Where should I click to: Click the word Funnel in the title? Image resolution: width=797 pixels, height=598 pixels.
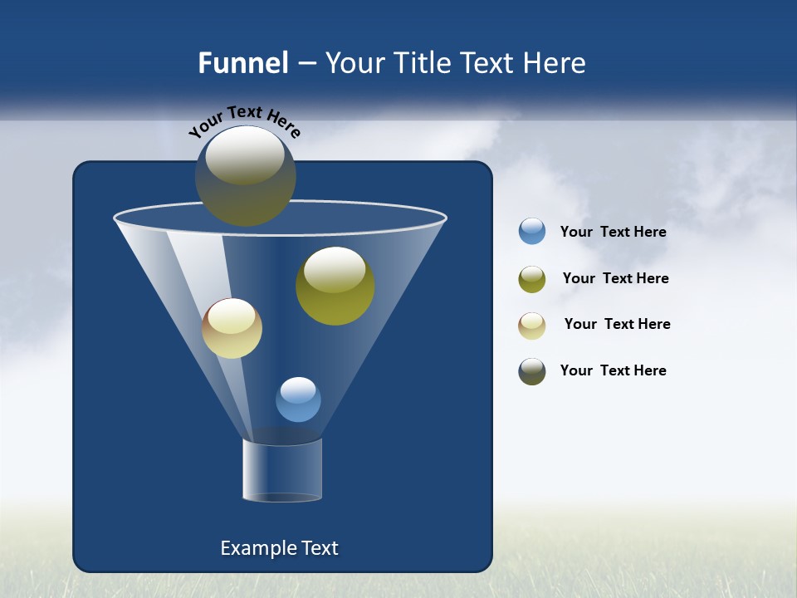coord(242,63)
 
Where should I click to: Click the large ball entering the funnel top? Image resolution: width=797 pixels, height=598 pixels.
coord(245,176)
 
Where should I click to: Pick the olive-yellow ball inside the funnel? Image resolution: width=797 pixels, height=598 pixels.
coord(335,287)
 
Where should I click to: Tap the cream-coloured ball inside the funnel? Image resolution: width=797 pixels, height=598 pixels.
coord(232,328)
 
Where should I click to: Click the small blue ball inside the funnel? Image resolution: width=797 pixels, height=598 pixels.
coord(298,399)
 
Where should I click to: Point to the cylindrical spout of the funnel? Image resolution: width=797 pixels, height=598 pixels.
coord(281,470)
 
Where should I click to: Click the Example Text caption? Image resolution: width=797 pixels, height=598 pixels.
coord(279,548)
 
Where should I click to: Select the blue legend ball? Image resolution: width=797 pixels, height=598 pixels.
coord(532,232)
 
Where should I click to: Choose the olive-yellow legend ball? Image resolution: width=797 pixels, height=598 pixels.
coord(532,279)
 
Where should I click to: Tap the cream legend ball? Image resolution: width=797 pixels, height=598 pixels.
coord(532,326)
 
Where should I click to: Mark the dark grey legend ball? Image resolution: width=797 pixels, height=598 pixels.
coord(532,371)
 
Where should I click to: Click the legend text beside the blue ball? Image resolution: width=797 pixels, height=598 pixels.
coord(613,233)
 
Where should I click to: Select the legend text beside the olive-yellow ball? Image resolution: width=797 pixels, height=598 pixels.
coord(615,279)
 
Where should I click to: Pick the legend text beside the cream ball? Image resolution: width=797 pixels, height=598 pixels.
coord(617,325)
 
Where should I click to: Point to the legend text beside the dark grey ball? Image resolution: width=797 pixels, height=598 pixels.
coord(613,371)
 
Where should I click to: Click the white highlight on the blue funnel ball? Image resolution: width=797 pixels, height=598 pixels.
coord(298,390)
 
